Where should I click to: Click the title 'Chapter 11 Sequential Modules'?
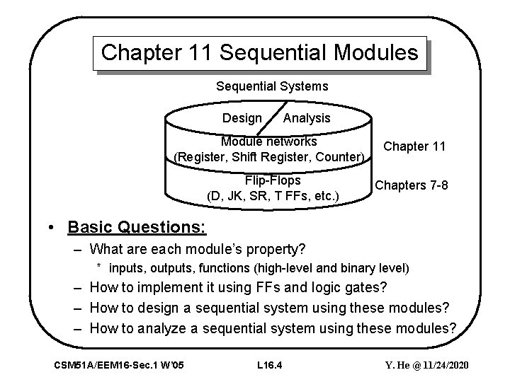coord(260,53)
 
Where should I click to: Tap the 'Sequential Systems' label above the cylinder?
coord(272,86)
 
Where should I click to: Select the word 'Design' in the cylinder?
coord(242,118)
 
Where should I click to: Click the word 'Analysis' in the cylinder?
coord(306,118)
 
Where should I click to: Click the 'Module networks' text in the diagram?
coord(268,141)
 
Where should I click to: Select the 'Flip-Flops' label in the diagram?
coord(271,180)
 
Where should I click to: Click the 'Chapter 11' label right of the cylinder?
coord(414,146)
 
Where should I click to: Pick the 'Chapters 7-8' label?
coord(412,185)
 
